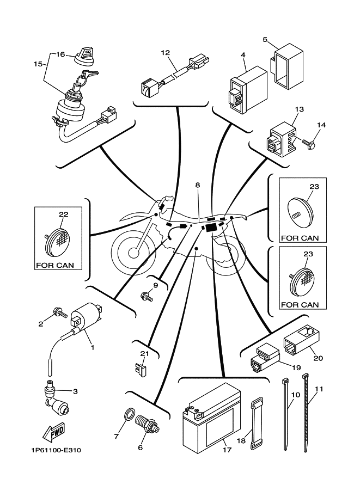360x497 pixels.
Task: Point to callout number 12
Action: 166,53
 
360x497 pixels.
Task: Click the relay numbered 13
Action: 280,139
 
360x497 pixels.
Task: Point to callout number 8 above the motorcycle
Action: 197,185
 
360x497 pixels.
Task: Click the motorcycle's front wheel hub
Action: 132,253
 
